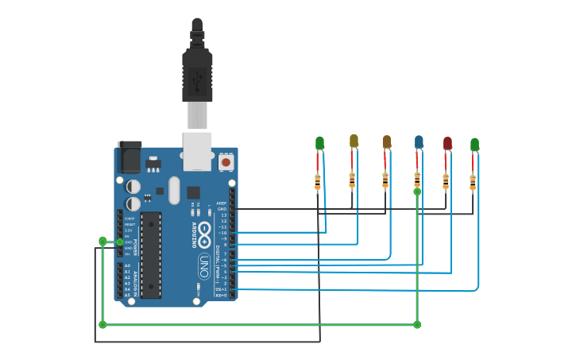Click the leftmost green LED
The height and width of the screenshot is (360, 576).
tap(319, 143)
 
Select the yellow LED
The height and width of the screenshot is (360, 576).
tap(354, 141)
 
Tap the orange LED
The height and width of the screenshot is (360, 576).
tap(387, 141)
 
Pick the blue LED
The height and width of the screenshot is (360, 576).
tap(419, 141)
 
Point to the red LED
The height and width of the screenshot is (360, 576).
tap(447, 143)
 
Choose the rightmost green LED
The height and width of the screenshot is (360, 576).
tap(474, 145)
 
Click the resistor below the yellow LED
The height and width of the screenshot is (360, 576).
tap(352, 180)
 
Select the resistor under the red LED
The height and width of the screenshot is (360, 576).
tap(446, 181)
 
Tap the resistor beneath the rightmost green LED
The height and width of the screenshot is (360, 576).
tap(473, 182)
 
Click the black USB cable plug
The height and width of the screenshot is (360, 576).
tap(197, 75)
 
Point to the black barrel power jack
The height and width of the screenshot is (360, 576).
tap(129, 157)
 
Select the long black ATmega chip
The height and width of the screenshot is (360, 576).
tap(151, 254)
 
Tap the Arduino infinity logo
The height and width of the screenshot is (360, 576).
tap(203, 234)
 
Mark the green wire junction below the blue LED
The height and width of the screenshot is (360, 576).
tap(417, 192)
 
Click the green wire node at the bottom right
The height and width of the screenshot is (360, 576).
tap(417, 324)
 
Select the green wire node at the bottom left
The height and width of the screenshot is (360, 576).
tap(102, 324)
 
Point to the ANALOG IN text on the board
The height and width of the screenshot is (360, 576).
tap(135, 280)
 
